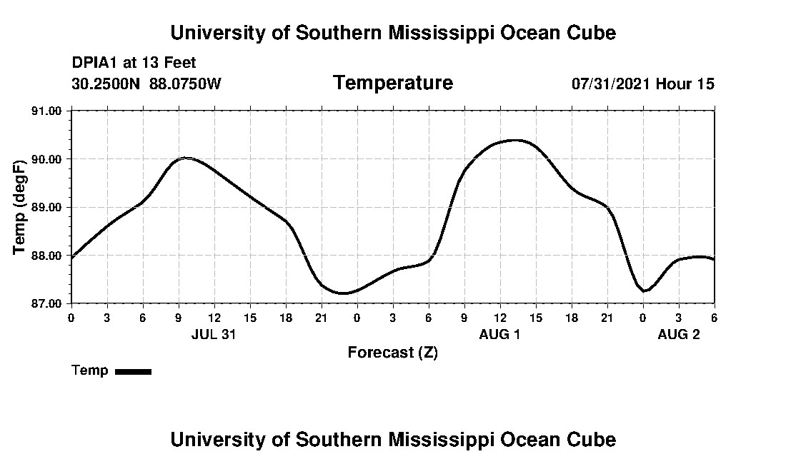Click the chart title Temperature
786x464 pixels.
point(392,84)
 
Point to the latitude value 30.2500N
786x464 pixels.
point(107,84)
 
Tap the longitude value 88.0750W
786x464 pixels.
point(186,84)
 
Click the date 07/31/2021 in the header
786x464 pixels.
point(611,84)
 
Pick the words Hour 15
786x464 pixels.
point(685,84)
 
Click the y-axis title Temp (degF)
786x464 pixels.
point(20,207)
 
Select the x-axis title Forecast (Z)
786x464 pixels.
point(392,353)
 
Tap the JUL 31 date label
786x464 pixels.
point(214,334)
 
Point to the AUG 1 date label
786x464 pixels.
point(499,334)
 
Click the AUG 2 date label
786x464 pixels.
point(678,334)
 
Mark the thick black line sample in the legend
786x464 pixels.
point(133,371)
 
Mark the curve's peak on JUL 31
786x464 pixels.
point(186,158)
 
